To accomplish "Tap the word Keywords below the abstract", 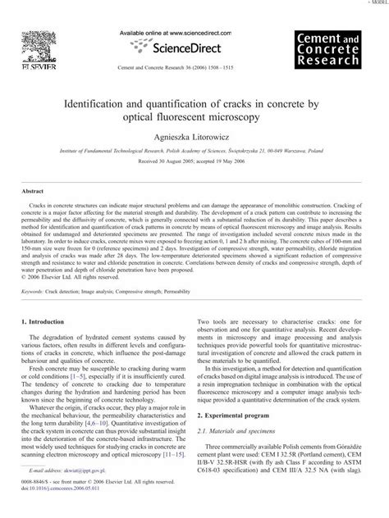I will [x=35, y=267].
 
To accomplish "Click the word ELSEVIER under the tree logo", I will [x=30, y=55].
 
